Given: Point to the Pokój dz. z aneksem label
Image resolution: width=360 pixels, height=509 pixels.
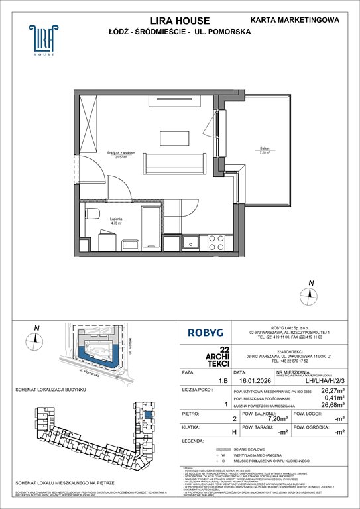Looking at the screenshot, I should pyautogui.click(x=121, y=154).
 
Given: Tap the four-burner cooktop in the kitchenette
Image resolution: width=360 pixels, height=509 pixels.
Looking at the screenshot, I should pyautogui.click(x=217, y=242).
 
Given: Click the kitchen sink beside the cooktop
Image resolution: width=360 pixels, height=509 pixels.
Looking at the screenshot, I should pyautogui.click(x=192, y=242).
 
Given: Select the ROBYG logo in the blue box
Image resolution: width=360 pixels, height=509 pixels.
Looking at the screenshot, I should pyautogui.click(x=204, y=333).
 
